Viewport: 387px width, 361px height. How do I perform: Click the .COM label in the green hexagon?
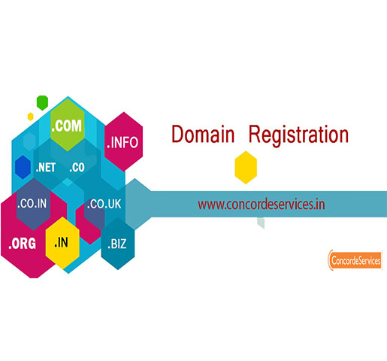67,126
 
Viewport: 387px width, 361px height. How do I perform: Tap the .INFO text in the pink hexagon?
122,142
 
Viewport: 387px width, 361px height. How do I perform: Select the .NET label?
46,168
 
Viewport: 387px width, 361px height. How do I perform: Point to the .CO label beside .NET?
77,168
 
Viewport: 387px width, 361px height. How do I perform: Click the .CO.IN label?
32,204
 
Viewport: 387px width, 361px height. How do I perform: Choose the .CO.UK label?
104,204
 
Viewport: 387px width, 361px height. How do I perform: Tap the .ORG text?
22,244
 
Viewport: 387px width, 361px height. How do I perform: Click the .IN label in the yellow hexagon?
61,242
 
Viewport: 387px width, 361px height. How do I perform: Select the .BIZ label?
117,244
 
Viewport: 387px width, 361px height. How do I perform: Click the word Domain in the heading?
203,135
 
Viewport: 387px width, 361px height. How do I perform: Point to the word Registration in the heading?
298,135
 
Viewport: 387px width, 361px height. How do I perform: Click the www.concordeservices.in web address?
262,205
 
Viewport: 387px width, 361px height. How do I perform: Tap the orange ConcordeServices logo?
355,260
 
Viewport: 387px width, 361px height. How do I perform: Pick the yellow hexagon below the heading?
246,168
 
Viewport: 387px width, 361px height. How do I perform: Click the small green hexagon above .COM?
42,103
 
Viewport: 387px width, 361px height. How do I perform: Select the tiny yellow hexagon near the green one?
31,117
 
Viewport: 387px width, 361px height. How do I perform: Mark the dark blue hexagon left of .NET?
23,167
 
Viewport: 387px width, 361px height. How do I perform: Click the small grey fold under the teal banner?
261,223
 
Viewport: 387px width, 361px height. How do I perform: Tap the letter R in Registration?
255,135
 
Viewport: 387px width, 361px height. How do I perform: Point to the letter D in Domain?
177,135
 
